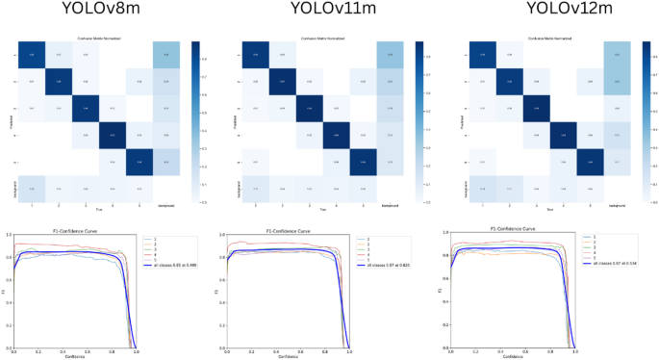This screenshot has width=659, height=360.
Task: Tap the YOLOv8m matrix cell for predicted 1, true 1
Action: point(32,55)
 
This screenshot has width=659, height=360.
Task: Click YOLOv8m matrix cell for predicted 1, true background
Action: point(166,55)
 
